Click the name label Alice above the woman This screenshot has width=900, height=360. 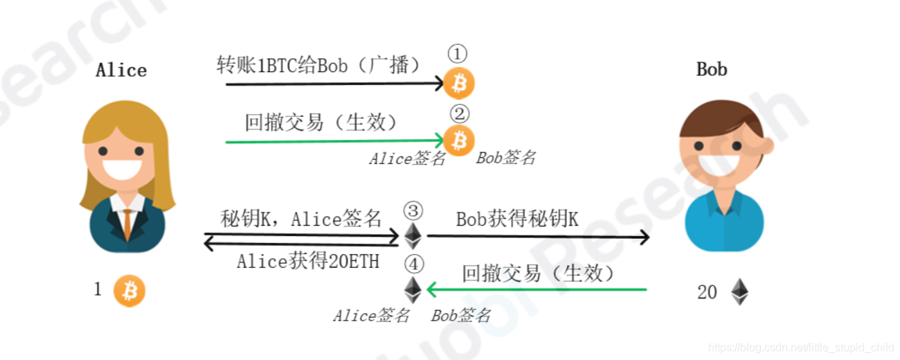(121, 70)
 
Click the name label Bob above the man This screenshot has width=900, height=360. (712, 69)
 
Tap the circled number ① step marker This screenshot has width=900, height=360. (458, 54)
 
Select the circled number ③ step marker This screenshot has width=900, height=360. (413, 210)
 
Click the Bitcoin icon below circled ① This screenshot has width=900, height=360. (459, 84)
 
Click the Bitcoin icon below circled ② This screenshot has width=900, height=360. (458, 141)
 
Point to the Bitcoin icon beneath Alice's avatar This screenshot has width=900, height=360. (129, 291)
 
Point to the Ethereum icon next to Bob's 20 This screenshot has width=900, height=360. (739, 292)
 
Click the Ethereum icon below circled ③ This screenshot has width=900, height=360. (413, 235)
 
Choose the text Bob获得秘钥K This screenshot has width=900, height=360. (517, 219)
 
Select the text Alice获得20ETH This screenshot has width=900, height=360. (307, 261)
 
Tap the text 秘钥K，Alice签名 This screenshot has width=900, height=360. (301, 219)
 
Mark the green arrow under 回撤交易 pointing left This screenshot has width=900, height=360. (537, 289)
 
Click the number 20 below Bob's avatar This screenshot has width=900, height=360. (707, 293)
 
